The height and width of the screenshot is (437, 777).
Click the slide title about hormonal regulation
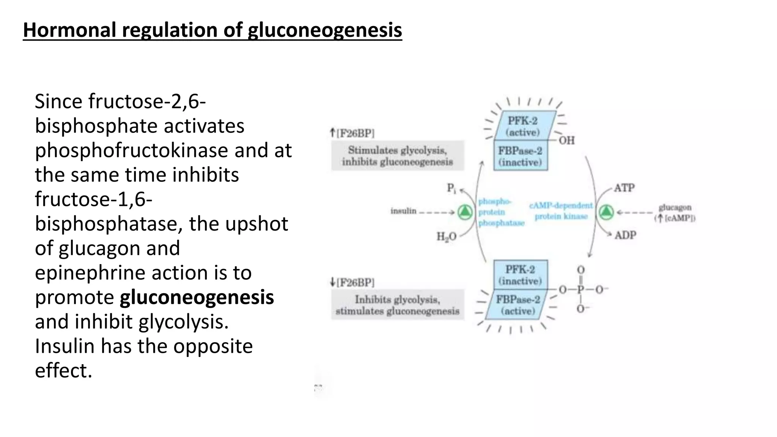click(212, 30)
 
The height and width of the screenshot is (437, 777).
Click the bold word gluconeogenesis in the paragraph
click(197, 297)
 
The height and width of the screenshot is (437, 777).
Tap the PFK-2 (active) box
click(524, 126)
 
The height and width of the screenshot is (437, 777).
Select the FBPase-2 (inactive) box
click(520, 156)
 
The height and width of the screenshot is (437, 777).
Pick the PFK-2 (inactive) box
click(520, 275)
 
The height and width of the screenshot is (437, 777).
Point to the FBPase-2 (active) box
click(518, 305)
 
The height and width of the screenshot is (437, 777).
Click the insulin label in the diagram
click(403, 211)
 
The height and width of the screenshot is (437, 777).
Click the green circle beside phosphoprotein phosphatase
click(465, 212)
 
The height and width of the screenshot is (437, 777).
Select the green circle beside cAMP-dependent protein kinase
click(606, 212)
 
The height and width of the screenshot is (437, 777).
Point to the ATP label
click(624, 188)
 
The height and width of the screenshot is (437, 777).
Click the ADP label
click(625, 235)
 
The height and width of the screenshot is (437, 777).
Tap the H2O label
click(446, 237)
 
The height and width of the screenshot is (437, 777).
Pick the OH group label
click(566, 141)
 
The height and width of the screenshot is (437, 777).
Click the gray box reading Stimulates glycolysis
click(397, 156)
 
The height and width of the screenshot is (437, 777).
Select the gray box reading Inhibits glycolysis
click(397, 305)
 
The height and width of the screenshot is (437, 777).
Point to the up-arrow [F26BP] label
click(352, 133)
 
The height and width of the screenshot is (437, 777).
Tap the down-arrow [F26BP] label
click(352, 282)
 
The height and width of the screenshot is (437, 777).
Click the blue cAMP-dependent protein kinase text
click(561, 211)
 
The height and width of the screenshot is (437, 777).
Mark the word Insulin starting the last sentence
click(64, 346)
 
